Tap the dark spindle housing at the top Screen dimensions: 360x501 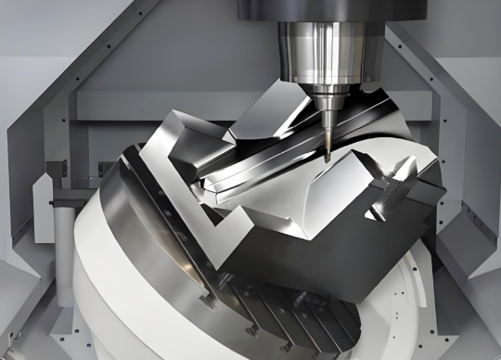pos(306,9)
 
